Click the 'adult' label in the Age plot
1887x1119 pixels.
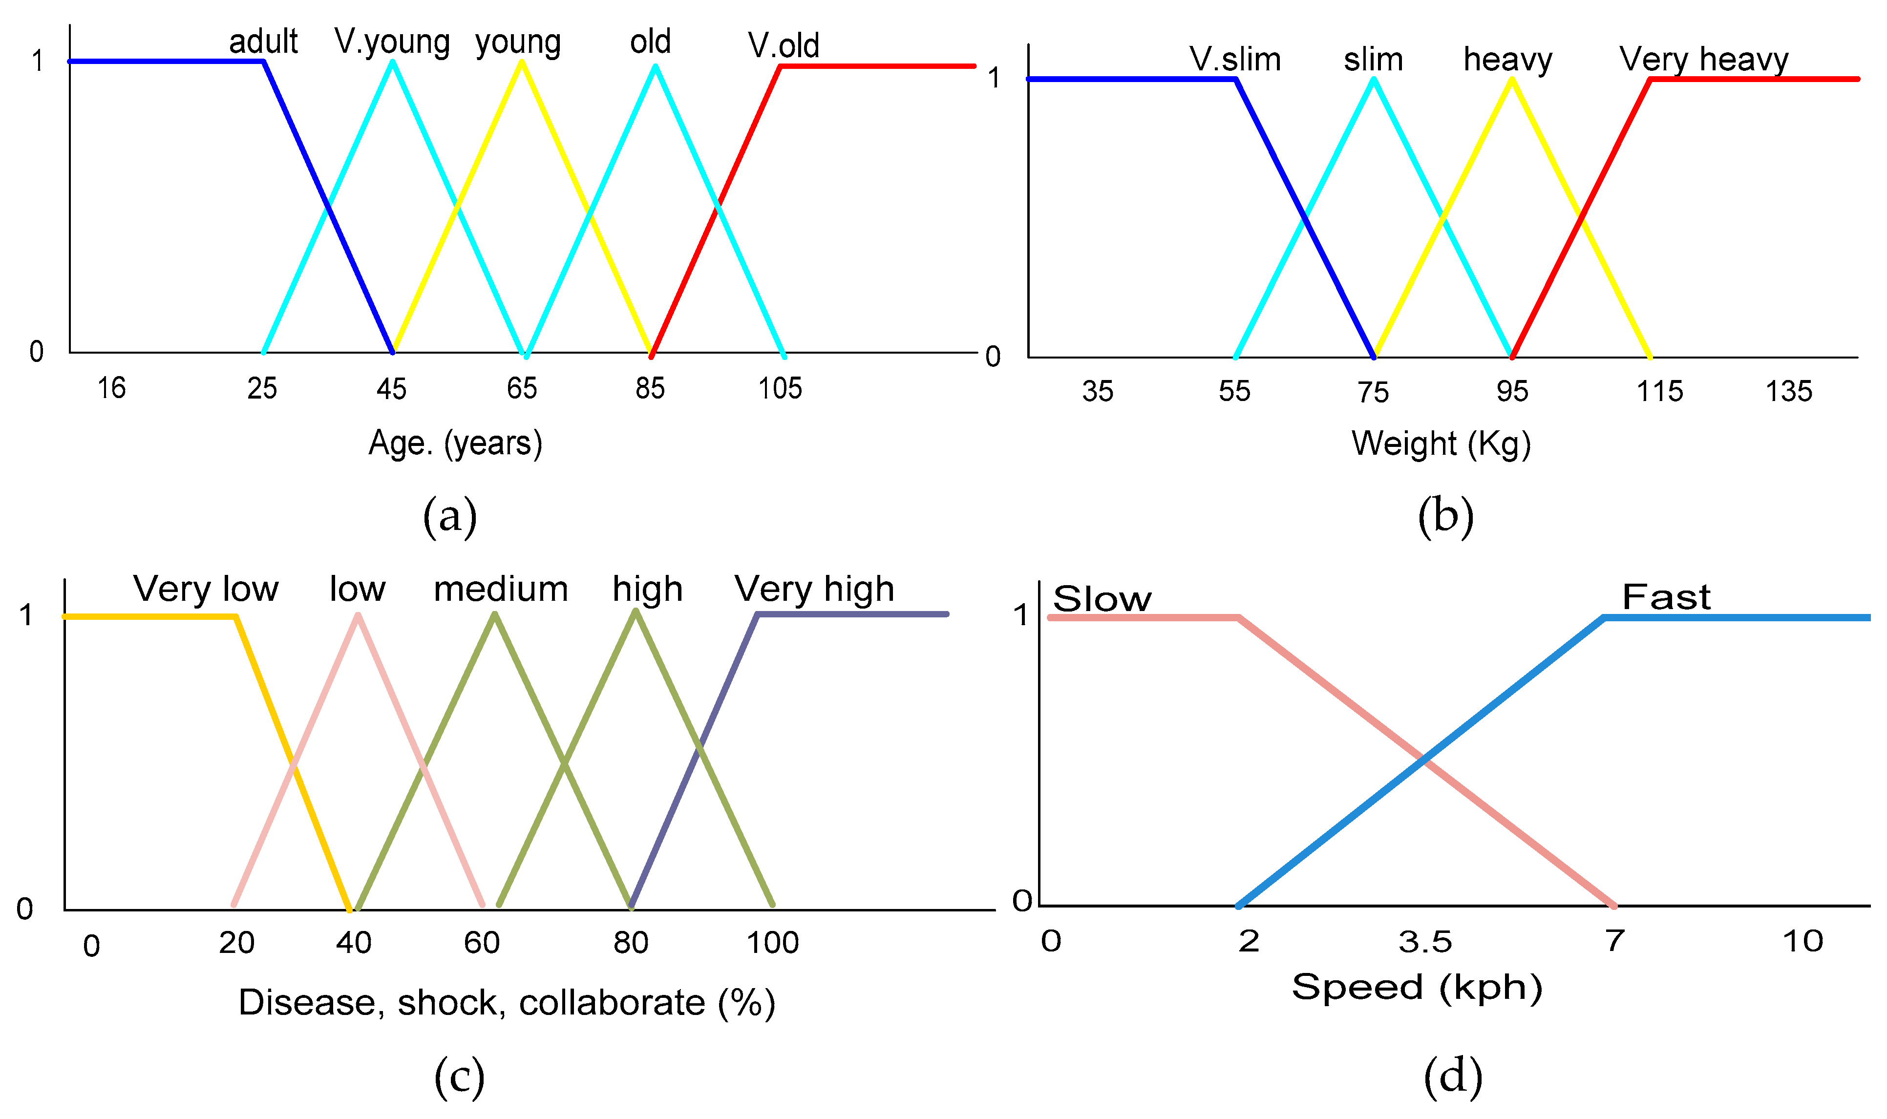[263, 42]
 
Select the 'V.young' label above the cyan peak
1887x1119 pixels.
[392, 42]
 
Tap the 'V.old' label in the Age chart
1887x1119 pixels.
[784, 45]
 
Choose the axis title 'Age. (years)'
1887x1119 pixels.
[455, 443]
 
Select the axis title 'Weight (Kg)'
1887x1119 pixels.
[1441, 444]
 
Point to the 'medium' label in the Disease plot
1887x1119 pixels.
[501, 590]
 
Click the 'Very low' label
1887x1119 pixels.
[206, 590]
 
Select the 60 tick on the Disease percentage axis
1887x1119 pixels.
[482, 943]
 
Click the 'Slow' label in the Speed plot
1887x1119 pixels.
[1102, 599]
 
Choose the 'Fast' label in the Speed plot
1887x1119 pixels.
[1666, 598]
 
